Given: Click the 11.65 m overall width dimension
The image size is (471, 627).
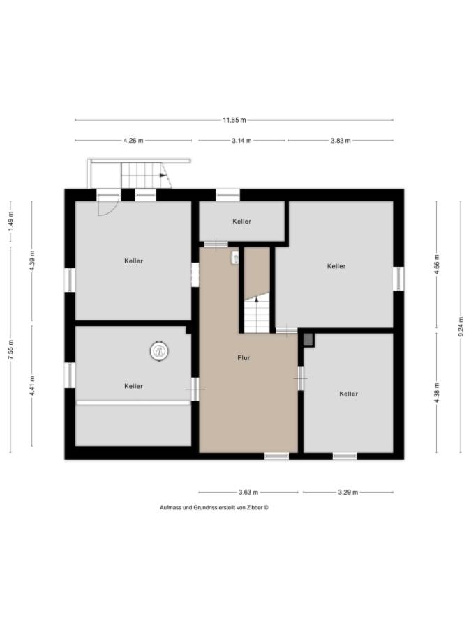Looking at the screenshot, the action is [x=234, y=120].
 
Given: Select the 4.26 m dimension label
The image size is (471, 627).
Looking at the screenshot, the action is [x=133, y=140].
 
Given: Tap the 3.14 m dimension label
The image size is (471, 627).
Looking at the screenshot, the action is [x=241, y=140].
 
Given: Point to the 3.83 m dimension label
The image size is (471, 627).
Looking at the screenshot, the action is [x=341, y=140].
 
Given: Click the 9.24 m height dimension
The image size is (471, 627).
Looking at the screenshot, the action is [x=461, y=327].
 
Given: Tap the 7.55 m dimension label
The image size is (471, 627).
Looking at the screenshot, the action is [x=10, y=350].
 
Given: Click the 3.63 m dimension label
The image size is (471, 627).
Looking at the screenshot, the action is [x=248, y=492].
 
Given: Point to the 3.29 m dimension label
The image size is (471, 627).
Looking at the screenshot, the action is [x=347, y=492].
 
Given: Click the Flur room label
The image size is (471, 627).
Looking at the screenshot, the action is [x=244, y=358].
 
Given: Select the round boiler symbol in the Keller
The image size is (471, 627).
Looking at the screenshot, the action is [x=159, y=351].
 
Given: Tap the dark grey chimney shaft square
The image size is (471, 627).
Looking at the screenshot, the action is [x=308, y=339].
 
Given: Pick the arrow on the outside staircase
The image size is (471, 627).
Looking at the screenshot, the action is [x=163, y=175].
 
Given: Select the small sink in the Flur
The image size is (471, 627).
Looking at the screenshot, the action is [x=234, y=258].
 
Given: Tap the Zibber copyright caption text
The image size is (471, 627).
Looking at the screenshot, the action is [x=214, y=507].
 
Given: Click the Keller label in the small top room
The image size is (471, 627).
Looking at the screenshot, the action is [x=241, y=221].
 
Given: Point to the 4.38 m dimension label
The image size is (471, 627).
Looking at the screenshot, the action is [x=437, y=393].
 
